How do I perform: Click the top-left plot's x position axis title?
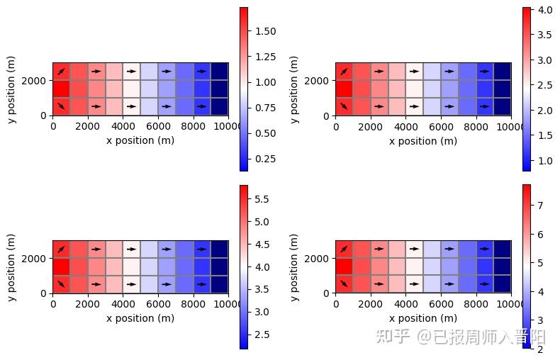tap(140, 140)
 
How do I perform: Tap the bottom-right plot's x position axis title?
tap(423, 318)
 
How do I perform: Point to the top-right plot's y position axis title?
tap(295, 89)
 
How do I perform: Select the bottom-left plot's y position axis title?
tap(12, 267)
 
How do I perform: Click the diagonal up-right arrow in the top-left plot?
tap(61, 72)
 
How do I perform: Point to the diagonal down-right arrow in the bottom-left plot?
tap(61, 284)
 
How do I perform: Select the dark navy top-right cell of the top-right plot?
tap(503, 71)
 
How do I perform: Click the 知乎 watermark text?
tap(393, 336)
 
